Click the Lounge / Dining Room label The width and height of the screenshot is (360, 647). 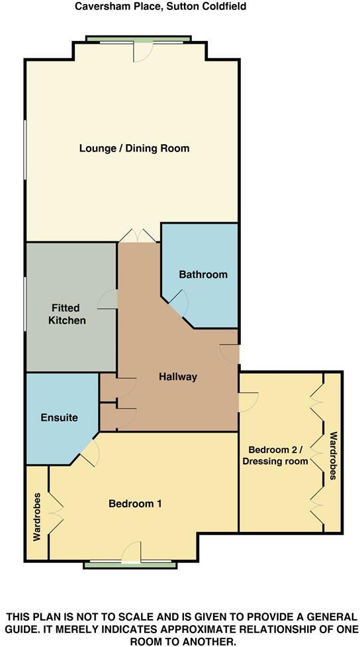[134, 148]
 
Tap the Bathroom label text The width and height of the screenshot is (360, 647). [203, 275]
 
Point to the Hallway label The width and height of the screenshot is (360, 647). [178, 377]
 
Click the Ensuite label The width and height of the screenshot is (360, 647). [60, 417]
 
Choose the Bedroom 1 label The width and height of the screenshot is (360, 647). [135, 503]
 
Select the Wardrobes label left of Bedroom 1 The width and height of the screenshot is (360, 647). [37, 517]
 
